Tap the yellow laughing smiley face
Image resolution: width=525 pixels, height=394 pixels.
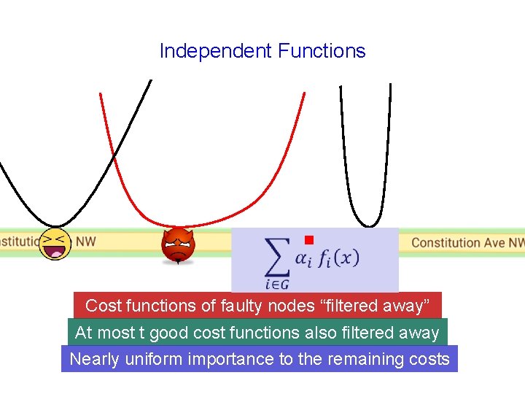pyautogui.click(x=55, y=244)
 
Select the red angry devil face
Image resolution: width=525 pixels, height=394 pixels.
pyautogui.click(x=178, y=245)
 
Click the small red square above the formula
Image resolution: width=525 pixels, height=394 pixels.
pyautogui.click(x=308, y=239)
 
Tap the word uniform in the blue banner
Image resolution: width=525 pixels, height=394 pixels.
pyautogui.click(x=152, y=359)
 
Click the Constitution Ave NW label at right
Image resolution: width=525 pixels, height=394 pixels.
pyautogui.click(x=467, y=242)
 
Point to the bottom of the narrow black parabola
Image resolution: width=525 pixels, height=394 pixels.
pyautogui.click(x=370, y=224)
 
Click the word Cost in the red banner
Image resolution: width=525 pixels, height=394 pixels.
pyautogui.click(x=102, y=306)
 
